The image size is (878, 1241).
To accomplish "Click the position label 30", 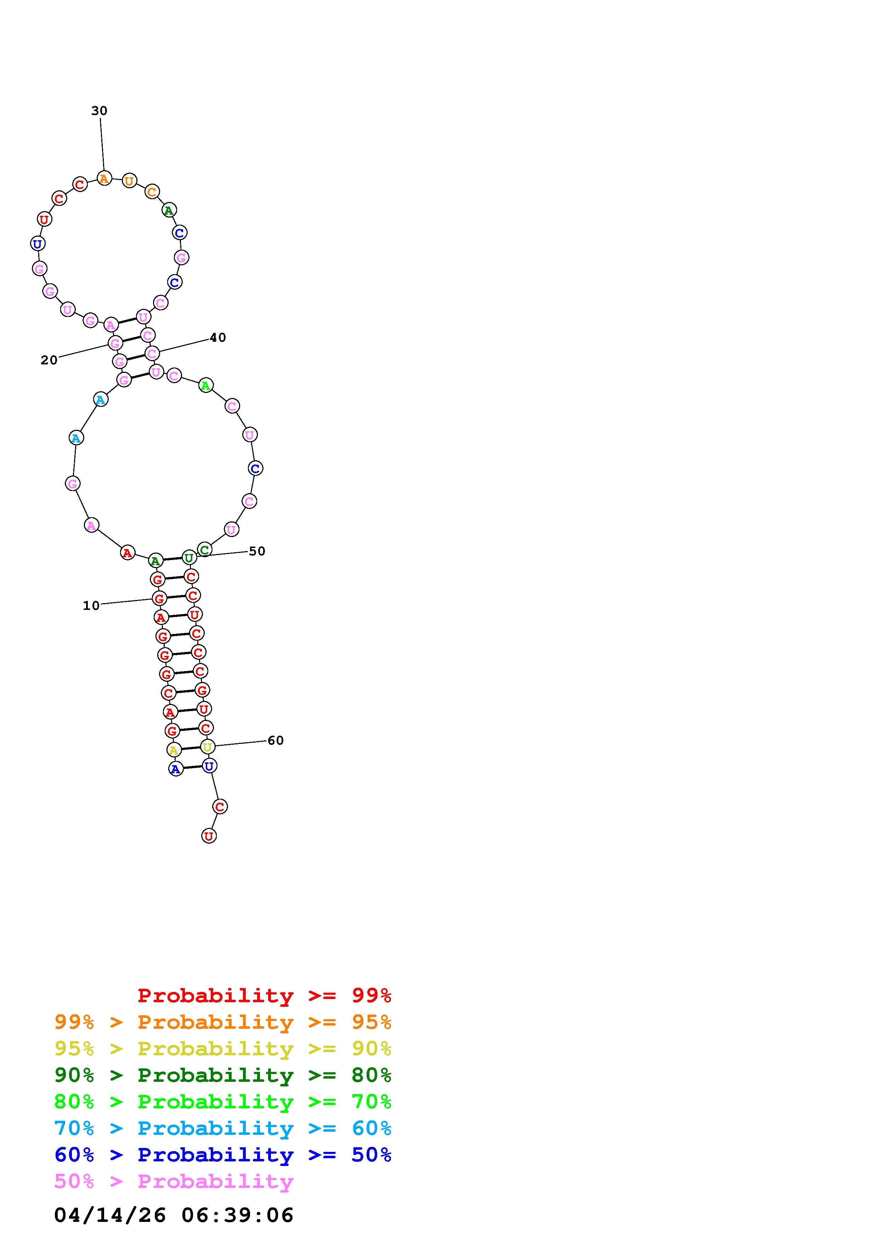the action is point(99,111).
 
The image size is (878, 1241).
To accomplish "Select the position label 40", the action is point(217,338).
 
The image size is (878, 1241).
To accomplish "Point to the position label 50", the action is point(257,551).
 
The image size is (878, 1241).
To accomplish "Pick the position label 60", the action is point(275,740).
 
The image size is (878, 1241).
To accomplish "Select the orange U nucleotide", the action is point(129,180).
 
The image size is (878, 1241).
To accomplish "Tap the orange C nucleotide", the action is point(152,191).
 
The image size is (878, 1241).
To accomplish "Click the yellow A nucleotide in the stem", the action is point(174,750).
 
